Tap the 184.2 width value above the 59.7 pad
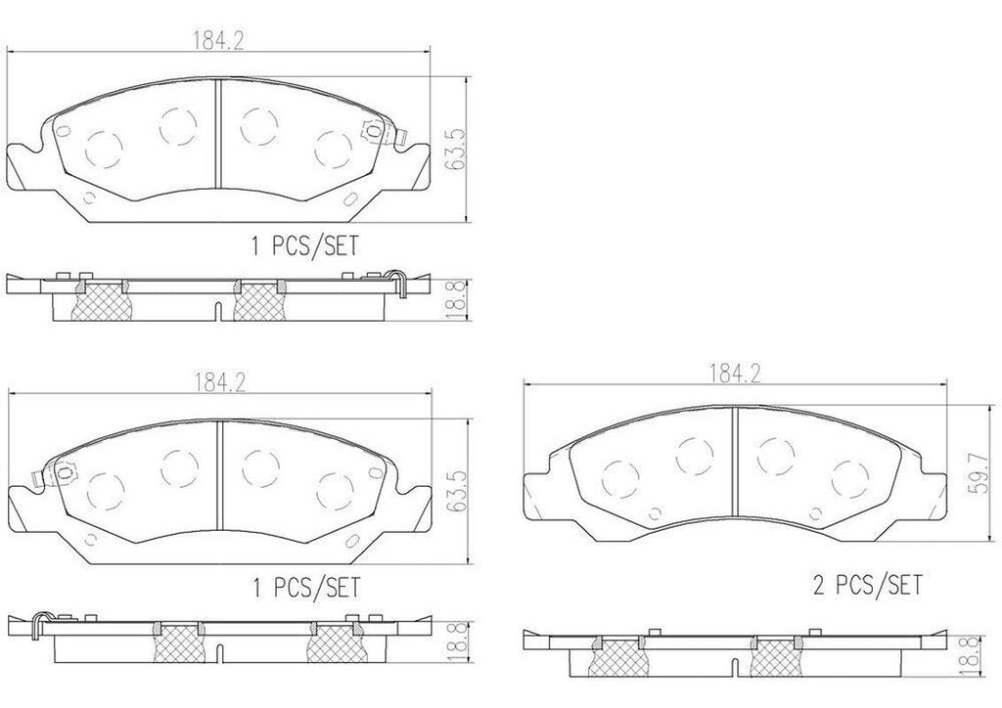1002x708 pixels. coord(735,373)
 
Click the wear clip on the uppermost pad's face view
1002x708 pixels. coord(373,129)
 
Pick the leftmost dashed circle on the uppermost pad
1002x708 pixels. coord(105,149)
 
